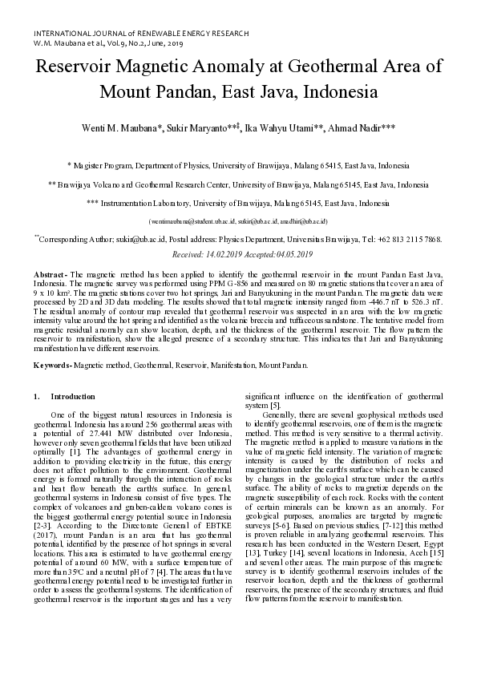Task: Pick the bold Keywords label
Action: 52,366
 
